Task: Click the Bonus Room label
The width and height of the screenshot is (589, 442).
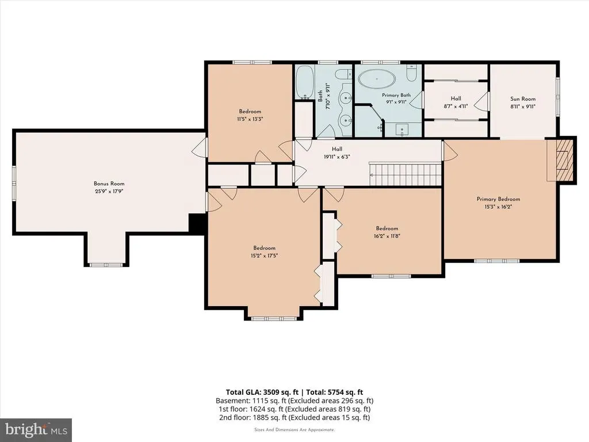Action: pyautogui.click(x=109, y=184)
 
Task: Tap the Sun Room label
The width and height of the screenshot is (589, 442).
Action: pyautogui.click(x=522, y=99)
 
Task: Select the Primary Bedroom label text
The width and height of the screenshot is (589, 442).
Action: pyautogui.click(x=498, y=199)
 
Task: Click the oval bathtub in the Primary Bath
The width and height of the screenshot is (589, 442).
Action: pyautogui.click(x=376, y=79)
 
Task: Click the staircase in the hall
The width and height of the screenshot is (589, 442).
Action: pyautogui.click(x=406, y=174)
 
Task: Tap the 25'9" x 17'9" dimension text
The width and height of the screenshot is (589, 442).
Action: pyautogui.click(x=109, y=191)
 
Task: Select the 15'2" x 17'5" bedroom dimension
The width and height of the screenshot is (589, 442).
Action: pyautogui.click(x=264, y=256)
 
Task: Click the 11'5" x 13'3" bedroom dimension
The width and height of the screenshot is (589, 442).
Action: pyautogui.click(x=250, y=119)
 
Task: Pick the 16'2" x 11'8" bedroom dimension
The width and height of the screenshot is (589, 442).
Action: pyautogui.click(x=387, y=236)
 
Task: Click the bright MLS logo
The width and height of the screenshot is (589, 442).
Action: pyautogui.click(x=36, y=429)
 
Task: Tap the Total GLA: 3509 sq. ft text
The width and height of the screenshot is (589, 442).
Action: pyautogui.click(x=262, y=393)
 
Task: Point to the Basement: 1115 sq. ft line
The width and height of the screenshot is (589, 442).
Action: pyautogui.click(x=294, y=401)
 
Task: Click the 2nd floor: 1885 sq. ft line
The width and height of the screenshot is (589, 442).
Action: pyautogui.click(x=294, y=417)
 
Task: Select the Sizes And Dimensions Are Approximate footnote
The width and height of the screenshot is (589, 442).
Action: pyautogui.click(x=294, y=429)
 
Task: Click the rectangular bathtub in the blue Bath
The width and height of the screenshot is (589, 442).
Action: pyautogui.click(x=305, y=82)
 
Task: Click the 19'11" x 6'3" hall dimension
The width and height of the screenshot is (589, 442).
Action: pyautogui.click(x=337, y=157)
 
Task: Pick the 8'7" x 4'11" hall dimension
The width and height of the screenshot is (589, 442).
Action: pyautogui.click(x=456, y=106)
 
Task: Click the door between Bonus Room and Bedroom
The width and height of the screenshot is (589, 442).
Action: pyautogui.click(x=200, y=148)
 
